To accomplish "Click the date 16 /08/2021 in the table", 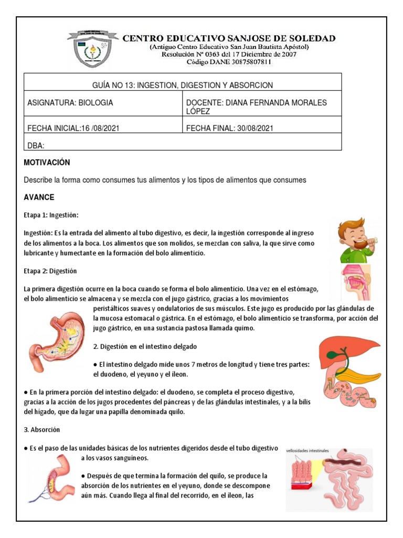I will pos(100,128).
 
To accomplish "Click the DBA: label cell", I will pos(36,146).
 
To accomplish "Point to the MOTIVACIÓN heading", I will pos(47,163).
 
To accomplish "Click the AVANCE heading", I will pos(39,198).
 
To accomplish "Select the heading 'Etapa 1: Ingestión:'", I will pos(51,215).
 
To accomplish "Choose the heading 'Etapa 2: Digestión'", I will pos(50,271).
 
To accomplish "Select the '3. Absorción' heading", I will pos(42,429).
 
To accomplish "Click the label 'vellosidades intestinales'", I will pos(307,451).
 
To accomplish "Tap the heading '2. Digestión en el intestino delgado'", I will pos(145,347).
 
